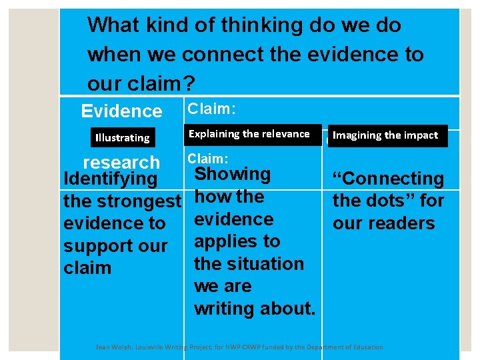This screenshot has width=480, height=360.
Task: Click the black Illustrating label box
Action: pos(123,137)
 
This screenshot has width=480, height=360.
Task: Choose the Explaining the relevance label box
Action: pos(249,134)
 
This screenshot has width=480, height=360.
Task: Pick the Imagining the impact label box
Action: pos(385,135)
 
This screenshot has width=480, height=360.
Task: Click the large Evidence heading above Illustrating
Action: pos(121,111)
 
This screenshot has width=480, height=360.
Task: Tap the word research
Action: pos(121,162)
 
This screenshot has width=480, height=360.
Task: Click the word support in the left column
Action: pos(93,246)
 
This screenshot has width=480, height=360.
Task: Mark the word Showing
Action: pos(232,175)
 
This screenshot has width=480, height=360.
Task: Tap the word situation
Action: pos(265,264)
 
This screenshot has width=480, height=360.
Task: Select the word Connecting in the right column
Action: pos(392,179)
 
